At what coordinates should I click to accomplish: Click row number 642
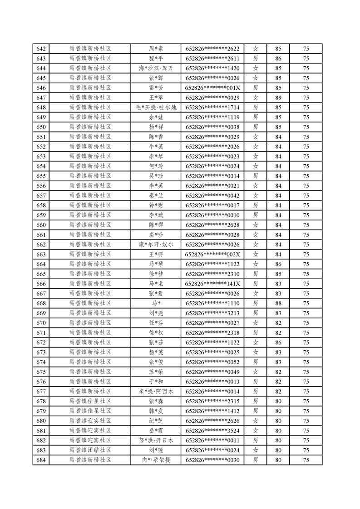coord(41,49)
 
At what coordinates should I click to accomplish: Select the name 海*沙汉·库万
coord(156,69)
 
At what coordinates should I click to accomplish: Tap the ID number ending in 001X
coord(212,88)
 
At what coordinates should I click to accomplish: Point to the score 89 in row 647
coord(278,98)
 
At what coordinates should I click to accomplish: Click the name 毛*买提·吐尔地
coord(156,108)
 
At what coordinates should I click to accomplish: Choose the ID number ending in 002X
coord(212,254)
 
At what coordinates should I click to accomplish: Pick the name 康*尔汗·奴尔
coord(156,245)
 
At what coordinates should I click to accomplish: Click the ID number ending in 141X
coord(212,284)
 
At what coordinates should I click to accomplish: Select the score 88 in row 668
coord(278,303)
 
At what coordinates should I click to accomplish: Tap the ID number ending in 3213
coord(212,313)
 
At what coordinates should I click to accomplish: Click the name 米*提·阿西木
coord(156,392)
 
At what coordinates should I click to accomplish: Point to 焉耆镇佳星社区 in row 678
coord(90,401)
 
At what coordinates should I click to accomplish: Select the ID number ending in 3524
coord(212,431)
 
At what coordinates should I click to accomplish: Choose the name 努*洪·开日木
coord(156,440)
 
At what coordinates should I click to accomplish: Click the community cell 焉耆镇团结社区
coord(90,450)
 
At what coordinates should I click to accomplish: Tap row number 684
coord(41,460)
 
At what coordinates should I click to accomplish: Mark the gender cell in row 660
coord(256,225)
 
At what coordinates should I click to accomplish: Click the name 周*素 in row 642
coord(156,49)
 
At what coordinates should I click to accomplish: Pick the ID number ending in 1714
coord(212,108)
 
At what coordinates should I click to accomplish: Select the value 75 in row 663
coord(306,254)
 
